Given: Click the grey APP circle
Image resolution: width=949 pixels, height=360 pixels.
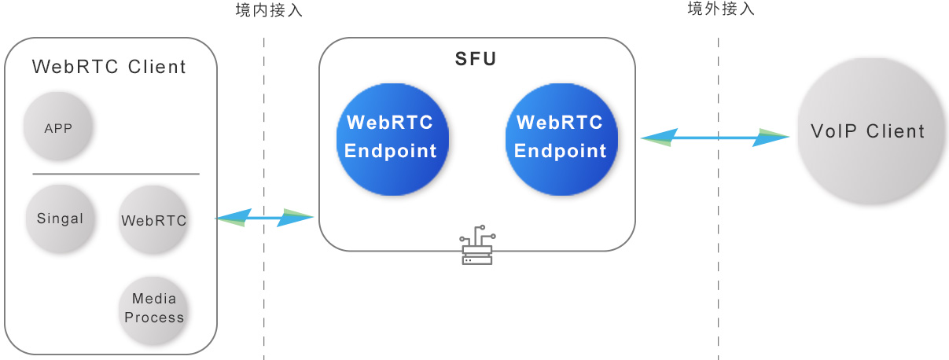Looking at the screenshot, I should click(58, 128).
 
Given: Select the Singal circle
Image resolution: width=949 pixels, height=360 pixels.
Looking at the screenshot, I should click(60, 219).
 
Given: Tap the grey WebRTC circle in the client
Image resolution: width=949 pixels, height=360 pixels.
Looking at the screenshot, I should click(154, 220).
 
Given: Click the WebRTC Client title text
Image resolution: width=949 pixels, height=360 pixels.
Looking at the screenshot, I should click(109, 68).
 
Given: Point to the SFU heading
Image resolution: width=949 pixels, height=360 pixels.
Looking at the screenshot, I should click(476, 60).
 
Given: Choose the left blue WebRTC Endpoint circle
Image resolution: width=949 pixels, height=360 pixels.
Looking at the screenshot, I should click(391, 138).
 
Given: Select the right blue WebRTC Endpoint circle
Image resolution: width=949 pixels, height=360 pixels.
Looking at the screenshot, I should click(561, 138).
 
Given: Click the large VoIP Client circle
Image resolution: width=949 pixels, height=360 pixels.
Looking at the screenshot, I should click(868, 131).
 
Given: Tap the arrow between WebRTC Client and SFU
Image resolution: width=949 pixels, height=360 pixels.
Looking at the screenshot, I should click(264, 218).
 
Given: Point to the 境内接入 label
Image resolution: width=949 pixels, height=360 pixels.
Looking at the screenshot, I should click(269, 11).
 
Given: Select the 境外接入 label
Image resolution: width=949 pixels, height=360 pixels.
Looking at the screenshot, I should click(721, 9).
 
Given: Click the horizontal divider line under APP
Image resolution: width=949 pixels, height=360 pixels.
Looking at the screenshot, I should click(116, 174).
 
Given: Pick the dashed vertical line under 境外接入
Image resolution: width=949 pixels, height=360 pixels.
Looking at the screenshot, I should click(718, 275).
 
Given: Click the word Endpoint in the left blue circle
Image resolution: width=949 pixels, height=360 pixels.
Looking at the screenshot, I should click(391, 152).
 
